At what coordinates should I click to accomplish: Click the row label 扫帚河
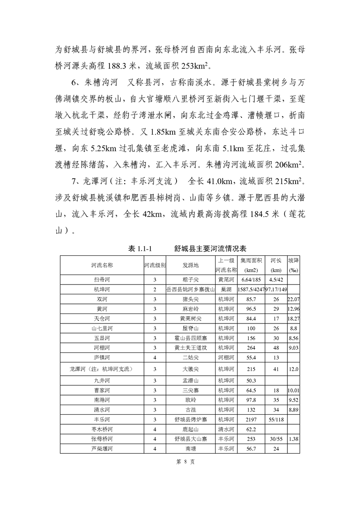pos(102,280)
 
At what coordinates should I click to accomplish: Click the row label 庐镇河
pos(102,358)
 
